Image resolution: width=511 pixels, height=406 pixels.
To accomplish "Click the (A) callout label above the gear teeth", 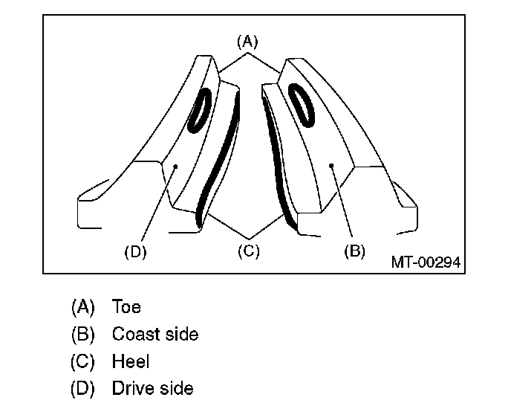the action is coord(247,40).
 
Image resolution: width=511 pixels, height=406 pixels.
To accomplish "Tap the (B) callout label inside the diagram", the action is coord(354,251).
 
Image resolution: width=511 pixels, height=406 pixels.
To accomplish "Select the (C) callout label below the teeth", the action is coord(248,251).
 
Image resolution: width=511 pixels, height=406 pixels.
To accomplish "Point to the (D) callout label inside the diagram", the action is coord(135,251).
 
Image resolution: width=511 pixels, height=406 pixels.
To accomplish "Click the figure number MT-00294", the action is coord(426,262).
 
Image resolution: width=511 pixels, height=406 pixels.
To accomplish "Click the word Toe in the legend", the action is coord(126,306).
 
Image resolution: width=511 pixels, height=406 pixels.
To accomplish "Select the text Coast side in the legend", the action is coord(155,334).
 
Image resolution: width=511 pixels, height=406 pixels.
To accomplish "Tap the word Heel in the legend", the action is coord(131,361).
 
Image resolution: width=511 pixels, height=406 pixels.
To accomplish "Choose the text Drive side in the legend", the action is coord(152,388).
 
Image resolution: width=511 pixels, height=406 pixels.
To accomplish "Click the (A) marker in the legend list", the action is coord(83,306).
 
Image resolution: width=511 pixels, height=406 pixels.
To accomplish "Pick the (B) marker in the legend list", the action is coord(83,334).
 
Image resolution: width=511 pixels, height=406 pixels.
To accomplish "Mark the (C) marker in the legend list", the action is coord(83,361).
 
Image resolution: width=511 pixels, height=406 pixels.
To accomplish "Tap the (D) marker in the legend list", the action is coord(83,388).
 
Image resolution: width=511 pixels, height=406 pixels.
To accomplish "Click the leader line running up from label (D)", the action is coord(156,204).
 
